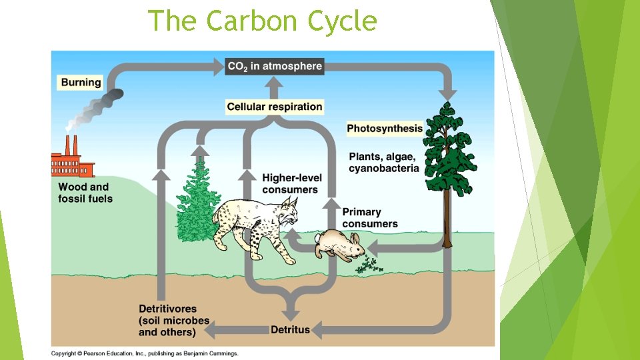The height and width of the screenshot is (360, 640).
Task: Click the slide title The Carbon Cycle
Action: [262, 21]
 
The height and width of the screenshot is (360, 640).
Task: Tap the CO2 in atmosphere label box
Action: [275, 66]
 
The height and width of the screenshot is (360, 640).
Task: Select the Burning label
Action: [81, 83]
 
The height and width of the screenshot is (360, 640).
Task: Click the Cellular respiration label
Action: [274, 107]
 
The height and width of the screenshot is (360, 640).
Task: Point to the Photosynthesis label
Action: [385, 128]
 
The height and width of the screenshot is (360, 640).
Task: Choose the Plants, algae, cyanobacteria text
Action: [383, 162]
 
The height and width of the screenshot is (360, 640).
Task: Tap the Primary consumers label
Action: [369, 218]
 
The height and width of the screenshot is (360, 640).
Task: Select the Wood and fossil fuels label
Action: [85, 193]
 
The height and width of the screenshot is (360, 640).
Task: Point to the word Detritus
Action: [291, 329]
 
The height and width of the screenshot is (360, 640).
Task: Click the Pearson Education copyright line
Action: [144, 353]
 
